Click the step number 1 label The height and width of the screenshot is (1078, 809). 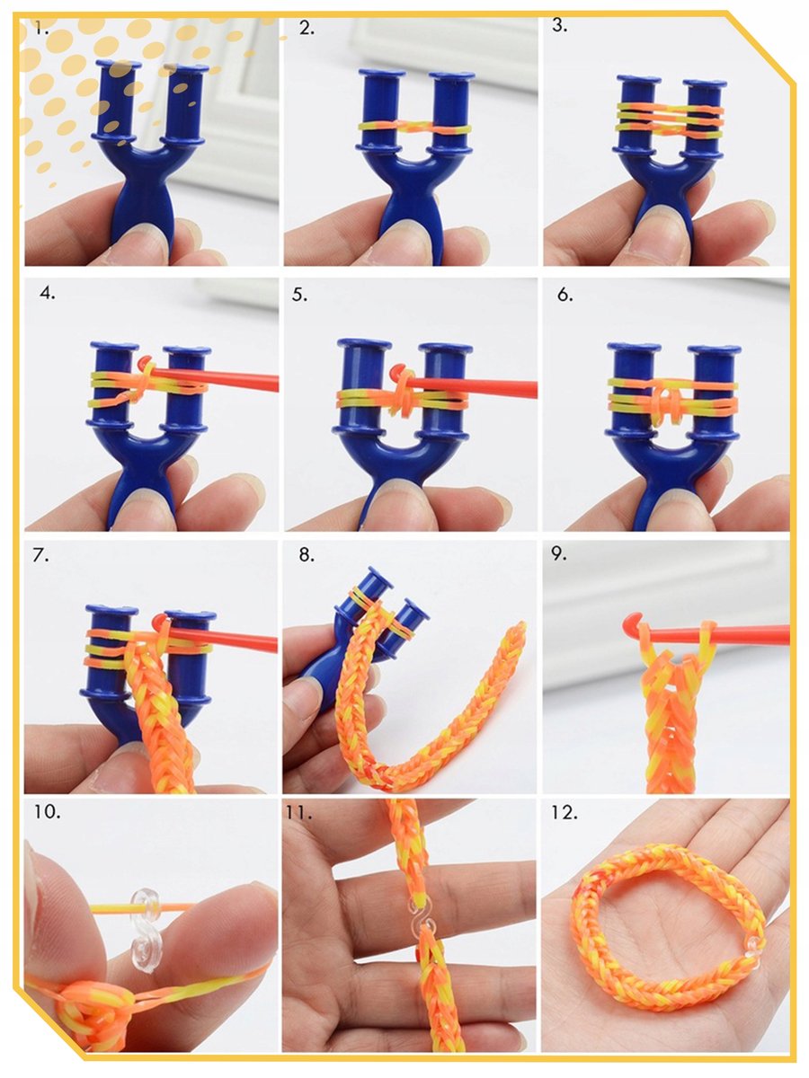pos(41,29)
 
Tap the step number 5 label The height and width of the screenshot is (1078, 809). pos(299,295)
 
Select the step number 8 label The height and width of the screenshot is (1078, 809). pos(307,555)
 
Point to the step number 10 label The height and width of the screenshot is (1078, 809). pos(47,811)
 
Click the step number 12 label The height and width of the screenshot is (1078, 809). pos(564,812)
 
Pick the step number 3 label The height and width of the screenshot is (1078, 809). pos(559,25)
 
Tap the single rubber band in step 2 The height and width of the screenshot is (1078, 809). pos(414,128)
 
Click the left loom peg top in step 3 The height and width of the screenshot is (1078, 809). pos(638,79)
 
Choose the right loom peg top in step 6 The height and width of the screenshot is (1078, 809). pos(714,349)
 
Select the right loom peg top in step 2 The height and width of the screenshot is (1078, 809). pos(452,76)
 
